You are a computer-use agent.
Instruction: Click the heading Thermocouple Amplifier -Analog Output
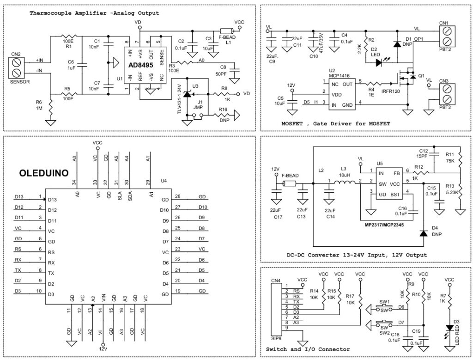pyautogui.click(x=94, y=13)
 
